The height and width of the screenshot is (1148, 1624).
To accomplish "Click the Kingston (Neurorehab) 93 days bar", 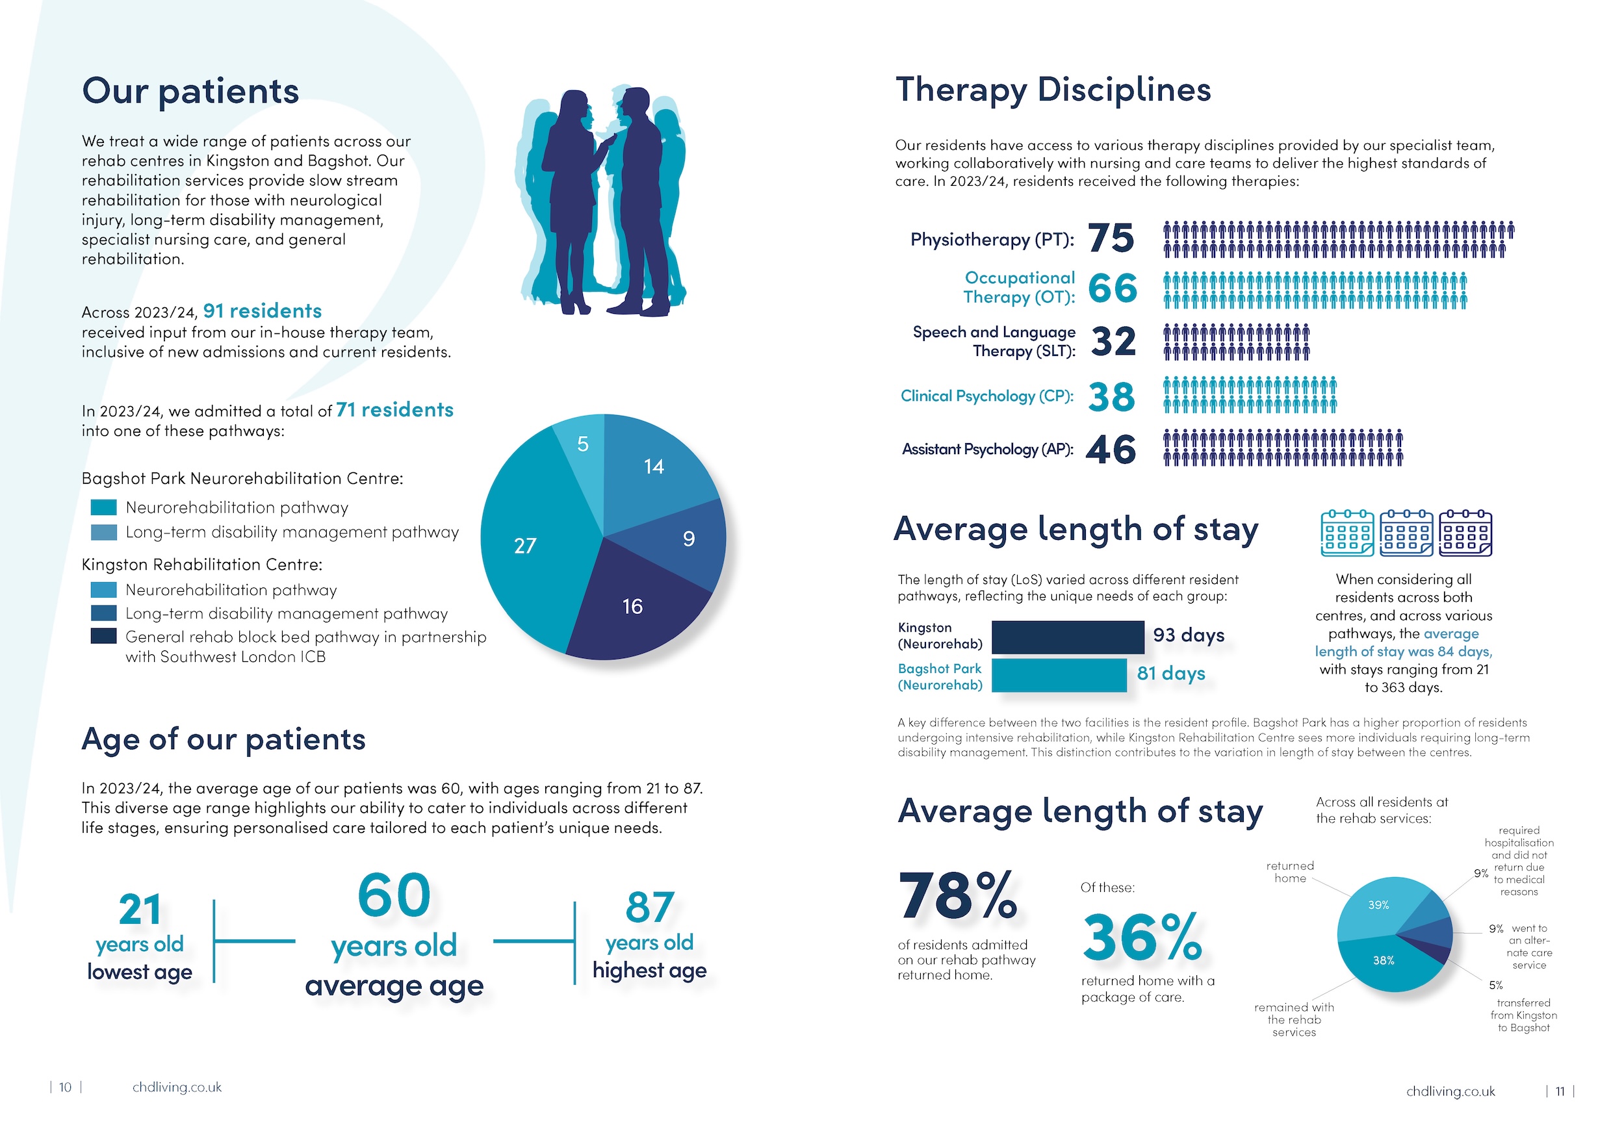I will (x=1067, y=637).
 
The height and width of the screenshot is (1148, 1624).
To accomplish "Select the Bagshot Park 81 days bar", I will (x=1059, y=675).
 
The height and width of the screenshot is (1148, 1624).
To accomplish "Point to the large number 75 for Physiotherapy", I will (x=1111, y=238).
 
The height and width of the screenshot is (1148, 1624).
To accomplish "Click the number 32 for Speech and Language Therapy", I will (x=1113, y=342).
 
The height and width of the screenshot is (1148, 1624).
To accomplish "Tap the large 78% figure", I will (x=959, y=896).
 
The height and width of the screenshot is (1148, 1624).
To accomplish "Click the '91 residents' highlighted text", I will (x=263, y=311).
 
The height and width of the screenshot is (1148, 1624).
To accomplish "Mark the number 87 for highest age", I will (x=649, y=908).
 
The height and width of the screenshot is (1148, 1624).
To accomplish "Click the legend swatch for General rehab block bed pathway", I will (x=103, y=636).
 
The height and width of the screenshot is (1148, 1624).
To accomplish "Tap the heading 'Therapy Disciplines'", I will (x=1053, y=90).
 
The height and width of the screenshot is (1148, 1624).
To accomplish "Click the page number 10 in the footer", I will (x=65, y=1087).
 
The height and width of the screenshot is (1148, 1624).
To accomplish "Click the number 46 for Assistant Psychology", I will (x=1111, y=449).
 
